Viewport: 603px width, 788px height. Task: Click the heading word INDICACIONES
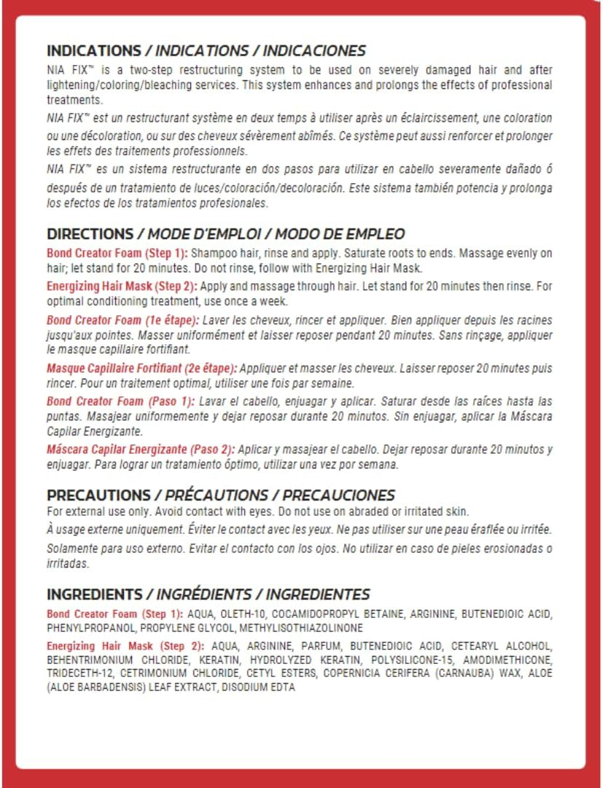314,51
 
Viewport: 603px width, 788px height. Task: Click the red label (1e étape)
171,320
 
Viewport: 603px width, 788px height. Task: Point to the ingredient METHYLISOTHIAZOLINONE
300,627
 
